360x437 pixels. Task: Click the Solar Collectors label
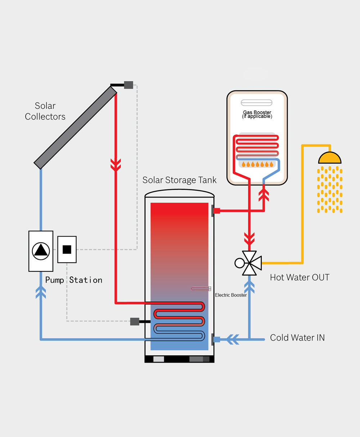[x=45, y=111]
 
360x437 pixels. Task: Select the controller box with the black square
[x=67, y=249]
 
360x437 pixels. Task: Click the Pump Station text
[x=74, y=280]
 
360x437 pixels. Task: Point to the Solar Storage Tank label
[x=179, y=180]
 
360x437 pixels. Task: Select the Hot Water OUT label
[x=300, y=278]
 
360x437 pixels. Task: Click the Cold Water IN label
[x=297, y=338]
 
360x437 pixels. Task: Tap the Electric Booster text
[x=231, y=295]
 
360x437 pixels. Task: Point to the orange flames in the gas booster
[x=257, y=165]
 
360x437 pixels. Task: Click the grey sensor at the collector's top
[x=129, y=85]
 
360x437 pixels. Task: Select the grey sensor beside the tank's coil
[x=135, y=321]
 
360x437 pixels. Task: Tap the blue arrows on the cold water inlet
[x=234, y=339]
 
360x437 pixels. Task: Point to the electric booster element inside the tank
[x=201, y=288]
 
